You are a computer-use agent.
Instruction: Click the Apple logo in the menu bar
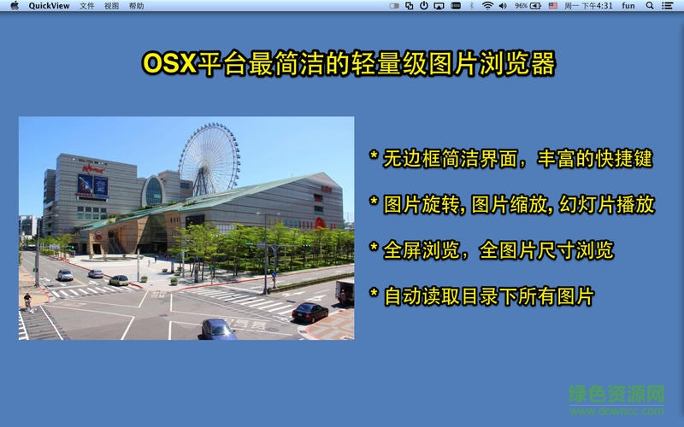tap(14, 5)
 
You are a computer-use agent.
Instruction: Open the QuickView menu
tap(50, 5)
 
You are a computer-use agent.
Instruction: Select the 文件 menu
tap(87, 5)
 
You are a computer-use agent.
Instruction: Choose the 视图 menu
tap(112, 5)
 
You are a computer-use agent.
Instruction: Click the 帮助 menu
tap(137, 5)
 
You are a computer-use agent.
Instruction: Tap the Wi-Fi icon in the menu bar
tap(487, 5)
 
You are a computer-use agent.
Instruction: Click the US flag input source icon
tap(553, 5)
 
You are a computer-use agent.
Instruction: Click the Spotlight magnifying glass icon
tap(649, 5)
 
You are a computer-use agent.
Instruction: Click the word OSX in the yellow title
tap(168, 64)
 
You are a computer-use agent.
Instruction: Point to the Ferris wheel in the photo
tap(209, 157)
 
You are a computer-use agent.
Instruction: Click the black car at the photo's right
tap(310, 312)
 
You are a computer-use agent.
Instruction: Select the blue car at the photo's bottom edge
tap(218, 330)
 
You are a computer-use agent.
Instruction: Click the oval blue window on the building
tap(153, 192)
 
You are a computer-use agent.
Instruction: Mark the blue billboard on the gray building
tap(93, 184)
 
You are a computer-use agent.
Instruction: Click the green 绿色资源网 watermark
tap(617, 395)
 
